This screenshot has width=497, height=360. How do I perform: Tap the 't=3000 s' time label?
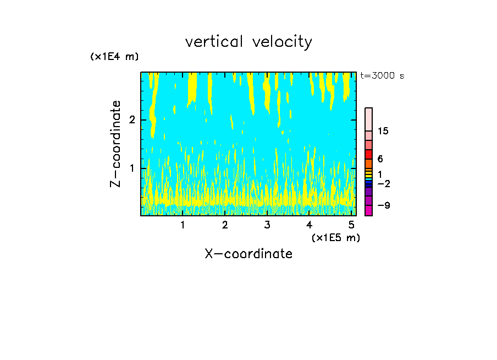pyautogui.click(x=382, y=76)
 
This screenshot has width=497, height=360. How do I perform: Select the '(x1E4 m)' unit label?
pyautogui.click(x=114, y=57)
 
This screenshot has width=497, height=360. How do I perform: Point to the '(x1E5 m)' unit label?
pyautogui.click(x=335, y=237)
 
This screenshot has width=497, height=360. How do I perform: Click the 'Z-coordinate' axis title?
pyautogui.click(x=115, y=144)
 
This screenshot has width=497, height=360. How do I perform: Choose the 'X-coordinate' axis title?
pyautogui.click(x=248, y=254)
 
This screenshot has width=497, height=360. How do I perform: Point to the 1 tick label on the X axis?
pyautogui.click(x=183, y=225)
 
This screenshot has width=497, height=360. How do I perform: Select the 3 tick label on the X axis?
pyautogui.click(x=267, y=225)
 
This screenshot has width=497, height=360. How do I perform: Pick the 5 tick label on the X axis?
pyautogui.click(x=351, y=225)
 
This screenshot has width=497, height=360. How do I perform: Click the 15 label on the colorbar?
pyautogui.click(x=383, y=131)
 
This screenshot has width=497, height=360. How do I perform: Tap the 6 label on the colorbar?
pyautogui.click(x=380, y=159)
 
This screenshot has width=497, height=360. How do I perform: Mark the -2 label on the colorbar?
pyautogui.click(x=383, y=184)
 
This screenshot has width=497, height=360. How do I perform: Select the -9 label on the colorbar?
pyautogui.click(x=383, y=206)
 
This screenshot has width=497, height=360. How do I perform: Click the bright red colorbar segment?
pyautogui.click(x=368, y=154)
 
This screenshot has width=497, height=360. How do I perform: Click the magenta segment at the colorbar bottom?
pyautogui.click(x=368, y=210)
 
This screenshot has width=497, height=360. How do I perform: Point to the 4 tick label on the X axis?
pyautogui.click(x=309, y=225)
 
